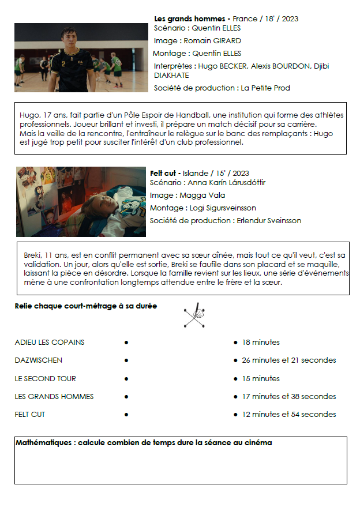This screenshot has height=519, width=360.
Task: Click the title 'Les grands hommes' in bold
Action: (192, 19)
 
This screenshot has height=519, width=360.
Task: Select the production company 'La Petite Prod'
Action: (265, 88)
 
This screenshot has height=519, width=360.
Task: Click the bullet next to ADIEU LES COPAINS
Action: (126, 343)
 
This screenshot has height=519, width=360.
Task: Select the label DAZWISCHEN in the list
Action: (38, 360)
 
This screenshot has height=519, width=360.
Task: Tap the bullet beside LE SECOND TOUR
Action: (126, 379)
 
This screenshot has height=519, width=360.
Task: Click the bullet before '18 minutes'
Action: (235, 343)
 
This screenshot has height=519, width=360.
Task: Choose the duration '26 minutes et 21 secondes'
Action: (288, 360)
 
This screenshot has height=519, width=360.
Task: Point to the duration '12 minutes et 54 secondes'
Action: (288, 415)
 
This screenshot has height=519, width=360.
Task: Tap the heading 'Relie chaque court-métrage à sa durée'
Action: (85, 306)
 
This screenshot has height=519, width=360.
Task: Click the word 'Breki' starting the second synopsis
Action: (33, 255)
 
